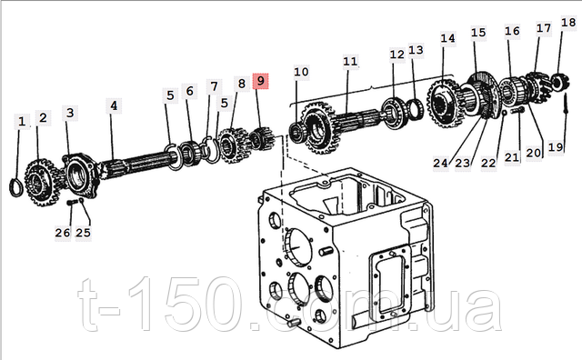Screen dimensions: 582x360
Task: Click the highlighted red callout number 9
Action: (260, 81)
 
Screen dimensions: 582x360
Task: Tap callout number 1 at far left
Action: (22, 121)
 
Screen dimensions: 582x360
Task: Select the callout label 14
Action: (447, 38)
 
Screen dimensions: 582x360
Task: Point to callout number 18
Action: (567, 23)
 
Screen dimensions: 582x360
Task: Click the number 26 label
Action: (63, 233)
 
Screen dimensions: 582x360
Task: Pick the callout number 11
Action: (350, 61)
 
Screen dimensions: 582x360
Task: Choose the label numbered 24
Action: (440, 163)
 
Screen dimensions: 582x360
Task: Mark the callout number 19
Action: (556, 147)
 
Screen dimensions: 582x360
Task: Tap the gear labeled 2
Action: (40, 183)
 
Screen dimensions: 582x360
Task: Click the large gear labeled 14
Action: (444, 103)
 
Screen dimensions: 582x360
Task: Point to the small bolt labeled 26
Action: (72, 202)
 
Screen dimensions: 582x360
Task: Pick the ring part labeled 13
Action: (416, 109)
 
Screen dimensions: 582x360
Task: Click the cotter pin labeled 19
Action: (566, 105)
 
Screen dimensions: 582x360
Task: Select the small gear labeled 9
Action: (261, 138)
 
